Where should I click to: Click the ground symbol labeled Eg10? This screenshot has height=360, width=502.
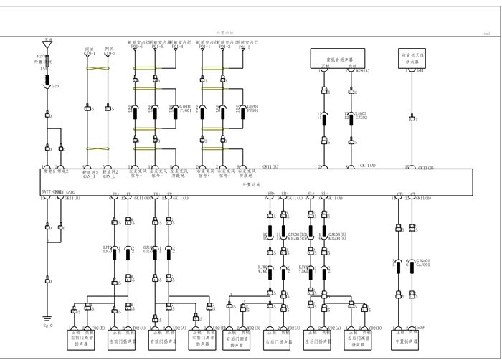pos(47,318)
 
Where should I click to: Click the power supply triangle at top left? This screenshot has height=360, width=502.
pos(47,44)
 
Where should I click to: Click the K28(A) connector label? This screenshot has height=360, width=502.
pos(363,71)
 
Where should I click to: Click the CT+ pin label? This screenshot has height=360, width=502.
pos(399,194)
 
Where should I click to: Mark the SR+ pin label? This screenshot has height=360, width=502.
pos(271,194)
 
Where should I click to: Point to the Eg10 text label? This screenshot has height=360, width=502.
pos(48,326)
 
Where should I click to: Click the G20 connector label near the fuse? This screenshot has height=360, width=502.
pos(55,85)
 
